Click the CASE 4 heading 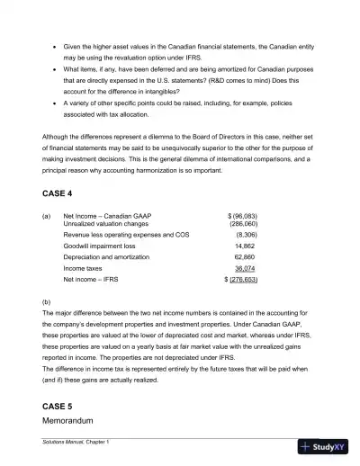[59, 194]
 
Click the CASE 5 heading [59, 406]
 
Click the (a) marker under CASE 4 [47, 216]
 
